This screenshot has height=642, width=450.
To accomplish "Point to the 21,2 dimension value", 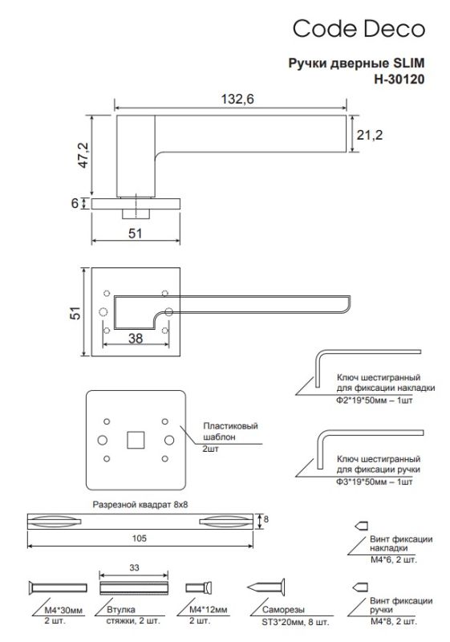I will tap(370, 136).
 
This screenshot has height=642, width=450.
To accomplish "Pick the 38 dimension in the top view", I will tap(135, 339).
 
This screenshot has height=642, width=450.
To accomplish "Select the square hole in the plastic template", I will tap(135, 440).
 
